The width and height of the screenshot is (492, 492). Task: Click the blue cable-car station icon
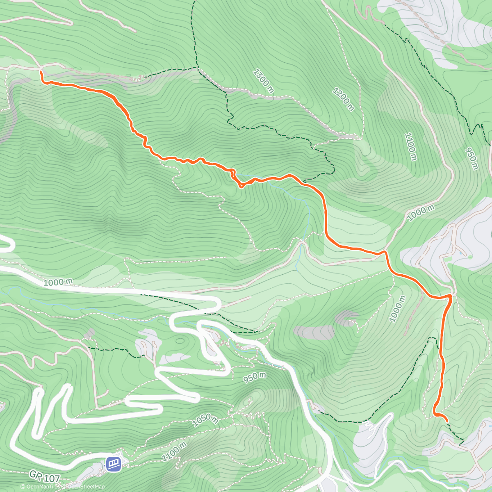coord(114,464)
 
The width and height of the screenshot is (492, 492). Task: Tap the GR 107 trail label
coord(45,476)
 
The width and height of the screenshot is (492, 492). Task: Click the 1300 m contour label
coord(263,81)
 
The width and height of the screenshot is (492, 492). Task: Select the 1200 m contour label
coord(344,99)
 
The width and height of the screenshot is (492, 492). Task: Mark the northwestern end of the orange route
coord(41,72)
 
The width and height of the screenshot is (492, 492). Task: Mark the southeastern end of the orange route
coord(447,421)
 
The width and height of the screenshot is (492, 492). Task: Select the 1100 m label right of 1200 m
coord(410,147)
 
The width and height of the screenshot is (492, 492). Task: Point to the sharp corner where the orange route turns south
coord(451,296)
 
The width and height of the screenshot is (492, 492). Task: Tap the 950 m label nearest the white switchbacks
coord(255,377)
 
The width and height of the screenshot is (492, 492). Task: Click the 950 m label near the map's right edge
coord(472,158)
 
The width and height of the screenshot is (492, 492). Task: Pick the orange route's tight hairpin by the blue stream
coord(241,187)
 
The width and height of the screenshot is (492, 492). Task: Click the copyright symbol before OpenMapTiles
coord(23,487)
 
